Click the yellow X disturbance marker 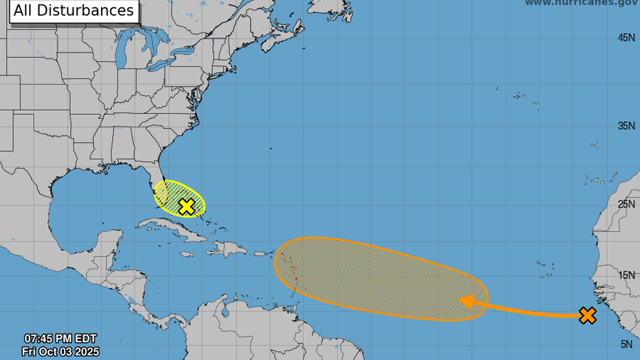pyautogui.click(x=186, y=207)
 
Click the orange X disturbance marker pyautogui.click(x=587, y=316)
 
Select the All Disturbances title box pyautogui.click(x=74, y=11)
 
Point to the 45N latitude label pyautogui.click(x=626, y=37)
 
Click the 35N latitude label pyautogui.click(x=626, y=125)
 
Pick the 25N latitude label pyautogui.click(x=626, y=203)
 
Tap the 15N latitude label pyautogui.click(x=626, y=275)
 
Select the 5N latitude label pyautogui.click(x=628, y=344)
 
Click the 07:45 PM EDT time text pyautogui.click(x=60, y=339)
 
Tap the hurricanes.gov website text pyautogui.click(x=582, y=3)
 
